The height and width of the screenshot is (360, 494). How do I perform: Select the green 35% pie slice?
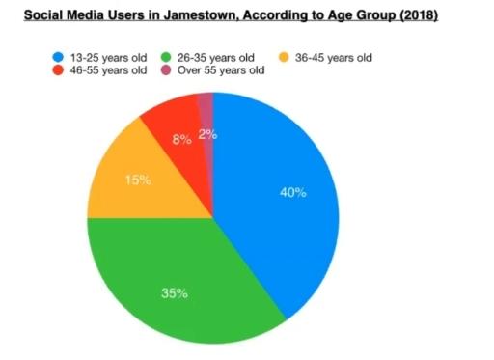pos(183,280)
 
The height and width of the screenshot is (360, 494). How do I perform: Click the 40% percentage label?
pos(292,192)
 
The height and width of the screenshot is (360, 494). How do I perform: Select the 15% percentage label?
pos(138,179)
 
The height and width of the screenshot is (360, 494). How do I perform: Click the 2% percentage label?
pos(207,135)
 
